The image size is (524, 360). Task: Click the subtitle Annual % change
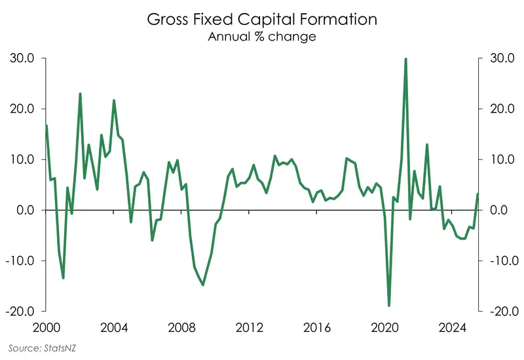262,37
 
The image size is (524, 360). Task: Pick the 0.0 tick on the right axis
498,210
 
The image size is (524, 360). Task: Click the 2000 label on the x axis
46,327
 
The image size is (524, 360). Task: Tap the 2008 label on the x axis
181,327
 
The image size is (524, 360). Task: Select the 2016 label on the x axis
317,327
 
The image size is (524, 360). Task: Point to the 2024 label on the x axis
453,327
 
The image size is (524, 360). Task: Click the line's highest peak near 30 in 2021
406,59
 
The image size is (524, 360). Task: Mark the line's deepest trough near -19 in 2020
389,306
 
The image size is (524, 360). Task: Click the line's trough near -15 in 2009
203,285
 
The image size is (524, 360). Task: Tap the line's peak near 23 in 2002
80,94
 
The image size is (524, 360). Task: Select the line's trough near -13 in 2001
63,278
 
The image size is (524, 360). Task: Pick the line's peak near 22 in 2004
114,100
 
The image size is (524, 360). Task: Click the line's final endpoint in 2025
477,194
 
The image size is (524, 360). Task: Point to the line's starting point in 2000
46,125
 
